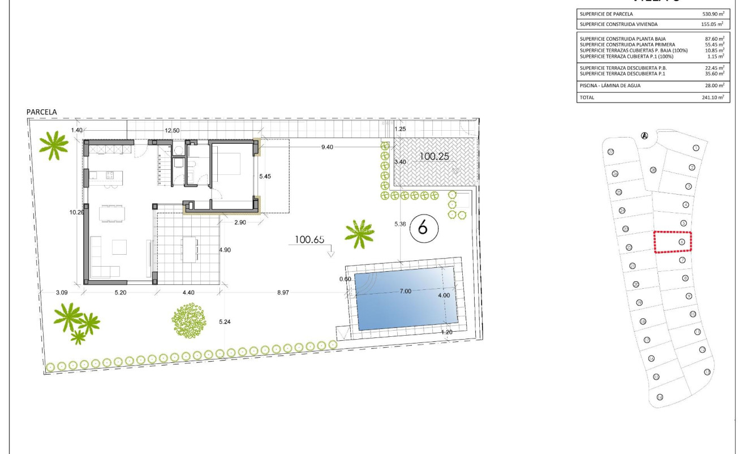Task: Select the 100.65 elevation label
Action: coord(308,240)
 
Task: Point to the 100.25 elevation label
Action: coord(435,156)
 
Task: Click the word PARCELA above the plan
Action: coord(42,113)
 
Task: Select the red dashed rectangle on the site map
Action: coord(672,242)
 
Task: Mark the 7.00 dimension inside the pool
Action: coord(405,290)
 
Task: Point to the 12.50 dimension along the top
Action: coord(172,131)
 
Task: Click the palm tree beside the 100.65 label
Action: coord(359,233)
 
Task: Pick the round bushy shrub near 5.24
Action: coord(188,321)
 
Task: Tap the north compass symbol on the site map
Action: coord(644,135)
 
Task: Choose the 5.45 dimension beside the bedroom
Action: coord(265,176)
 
